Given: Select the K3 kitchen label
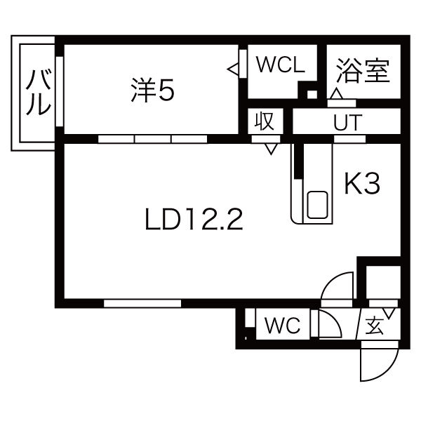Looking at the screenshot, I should (362, 185).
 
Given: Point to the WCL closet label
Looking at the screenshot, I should (280, 65).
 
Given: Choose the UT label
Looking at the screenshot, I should (347, 123).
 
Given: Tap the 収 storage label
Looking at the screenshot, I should (264, 121).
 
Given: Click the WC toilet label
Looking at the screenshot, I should (282, 325).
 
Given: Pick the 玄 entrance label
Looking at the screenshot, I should (375, 326).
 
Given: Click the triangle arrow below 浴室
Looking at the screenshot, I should (337, 93).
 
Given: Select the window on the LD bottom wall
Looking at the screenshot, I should (142, 304).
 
